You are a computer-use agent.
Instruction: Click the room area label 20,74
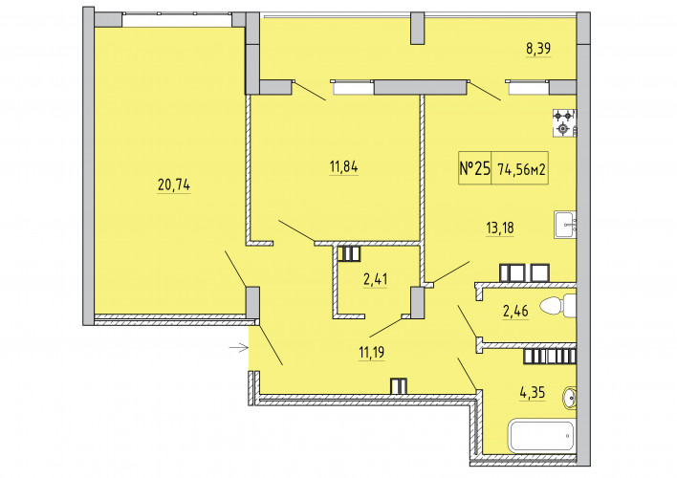(174, 185)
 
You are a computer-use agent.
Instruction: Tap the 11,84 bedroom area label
(343, 166)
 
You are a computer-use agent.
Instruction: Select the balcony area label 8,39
(538, 49)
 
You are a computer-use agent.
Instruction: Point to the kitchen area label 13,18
(500, 228)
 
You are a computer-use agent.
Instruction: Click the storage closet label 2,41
(375, 279)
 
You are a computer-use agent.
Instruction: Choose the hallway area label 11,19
(372, 353)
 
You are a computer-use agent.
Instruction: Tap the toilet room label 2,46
(515, 311)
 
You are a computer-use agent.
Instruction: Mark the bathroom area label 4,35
(533, 393)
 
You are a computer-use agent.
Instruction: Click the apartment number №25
(475, 168)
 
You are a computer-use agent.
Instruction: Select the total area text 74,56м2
(521, 169)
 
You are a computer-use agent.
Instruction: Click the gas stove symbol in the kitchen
(565, 123)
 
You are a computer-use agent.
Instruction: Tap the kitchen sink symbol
(566, 225)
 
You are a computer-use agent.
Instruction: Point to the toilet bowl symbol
(557, 306)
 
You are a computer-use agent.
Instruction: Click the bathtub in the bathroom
(543, 436)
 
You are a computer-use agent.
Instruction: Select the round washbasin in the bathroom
(570, 398)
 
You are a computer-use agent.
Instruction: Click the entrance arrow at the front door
(239, 347)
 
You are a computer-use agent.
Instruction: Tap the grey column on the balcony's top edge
(417, 28)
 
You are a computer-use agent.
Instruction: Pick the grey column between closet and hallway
(417, 303)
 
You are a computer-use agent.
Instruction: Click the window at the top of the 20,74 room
(177, 20)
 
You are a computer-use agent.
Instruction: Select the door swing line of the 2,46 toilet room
(468, 321)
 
